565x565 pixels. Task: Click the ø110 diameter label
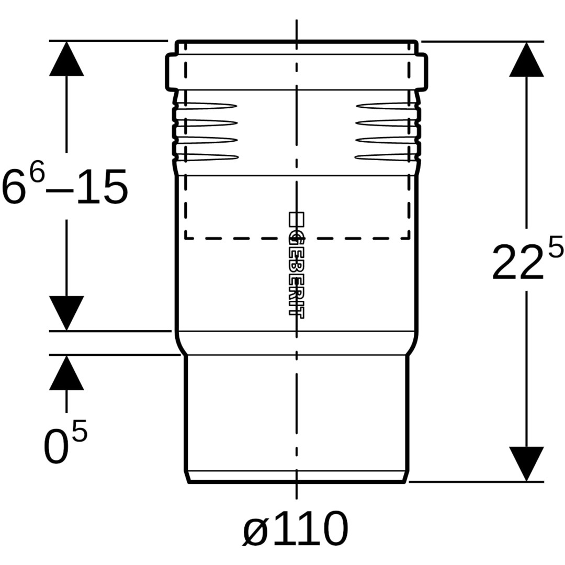296,529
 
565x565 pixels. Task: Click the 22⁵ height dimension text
526,260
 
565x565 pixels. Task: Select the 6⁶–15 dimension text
65,186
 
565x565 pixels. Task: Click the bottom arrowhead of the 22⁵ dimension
526,463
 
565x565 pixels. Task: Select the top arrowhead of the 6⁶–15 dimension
66,59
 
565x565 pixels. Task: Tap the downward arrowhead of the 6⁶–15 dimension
66,312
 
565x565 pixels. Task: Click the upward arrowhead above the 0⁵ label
66,372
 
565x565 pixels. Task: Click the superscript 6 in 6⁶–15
37,173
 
